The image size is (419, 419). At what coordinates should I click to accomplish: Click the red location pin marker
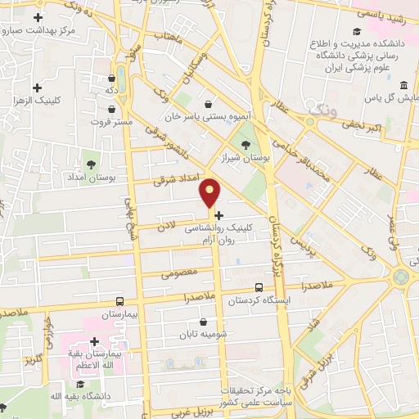(210, 192)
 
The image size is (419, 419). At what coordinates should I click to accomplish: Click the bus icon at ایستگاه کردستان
(259, 287)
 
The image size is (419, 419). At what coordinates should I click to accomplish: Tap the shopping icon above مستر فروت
(112, 79)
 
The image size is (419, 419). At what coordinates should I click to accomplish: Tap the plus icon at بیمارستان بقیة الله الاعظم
(94, 341)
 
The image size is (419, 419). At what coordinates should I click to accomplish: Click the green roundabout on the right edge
(400, 277)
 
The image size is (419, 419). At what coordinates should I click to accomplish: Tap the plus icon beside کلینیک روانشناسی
(219, 214)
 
